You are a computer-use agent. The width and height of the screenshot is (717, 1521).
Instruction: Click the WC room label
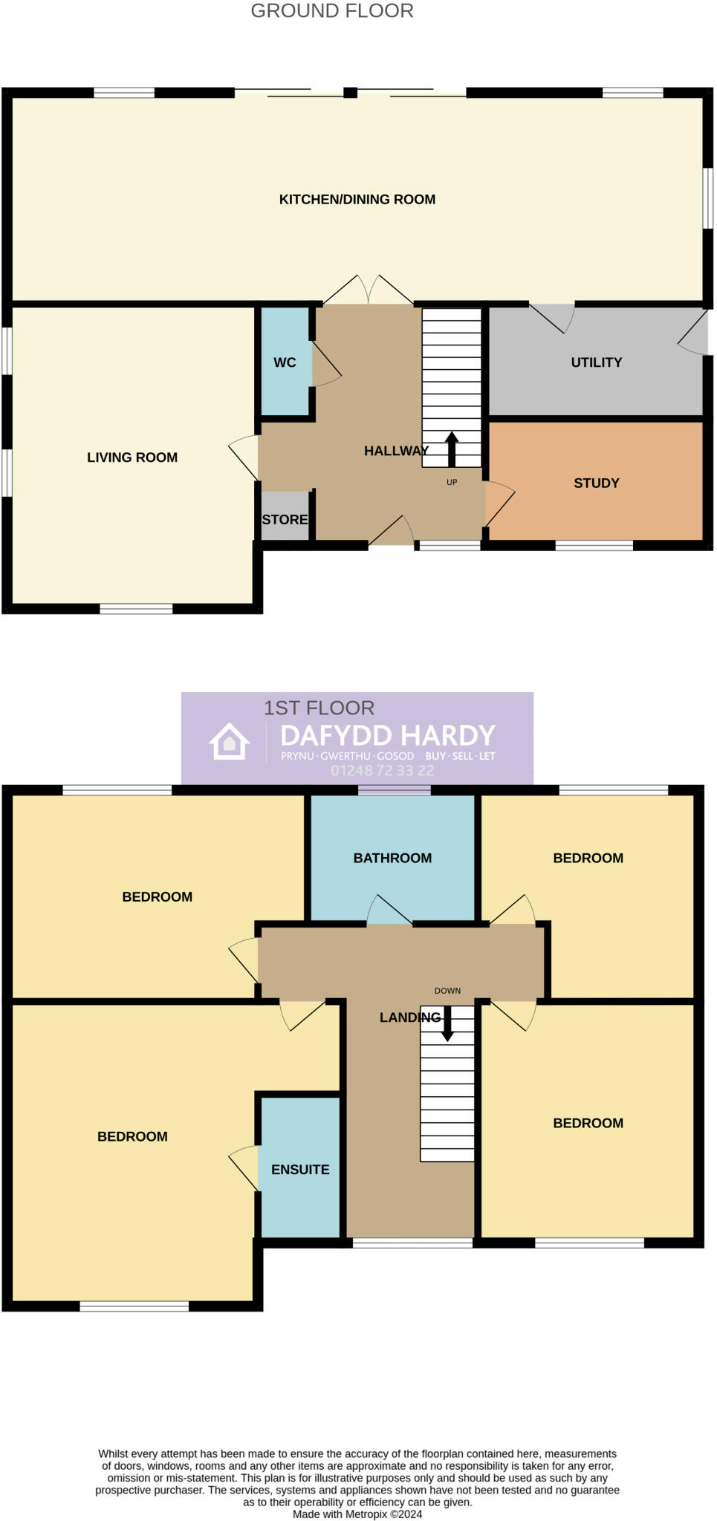click(x=285, y=362)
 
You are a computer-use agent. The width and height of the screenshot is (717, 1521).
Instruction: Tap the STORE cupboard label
click(x=285, y=520)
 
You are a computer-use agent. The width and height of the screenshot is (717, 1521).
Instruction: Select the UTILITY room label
click(x=596, y=362)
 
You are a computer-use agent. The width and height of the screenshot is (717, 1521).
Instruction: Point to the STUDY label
click(x=596, y=483)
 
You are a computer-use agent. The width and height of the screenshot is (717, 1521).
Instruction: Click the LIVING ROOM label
click(x=132, y=457)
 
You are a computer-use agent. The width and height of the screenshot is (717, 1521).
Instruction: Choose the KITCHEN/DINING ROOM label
click(x=357, y=199)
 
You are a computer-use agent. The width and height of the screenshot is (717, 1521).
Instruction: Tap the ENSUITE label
click(x=300, y=1170)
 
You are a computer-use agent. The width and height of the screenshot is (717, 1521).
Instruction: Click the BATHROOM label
click(x=392, y=859)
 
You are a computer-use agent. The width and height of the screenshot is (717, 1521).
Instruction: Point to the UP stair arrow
click(x=452, y=449)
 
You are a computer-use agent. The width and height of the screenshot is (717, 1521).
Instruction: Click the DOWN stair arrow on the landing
click(x=447, y=1025)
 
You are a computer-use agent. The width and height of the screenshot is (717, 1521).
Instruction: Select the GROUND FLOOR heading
click(x=332, y=11)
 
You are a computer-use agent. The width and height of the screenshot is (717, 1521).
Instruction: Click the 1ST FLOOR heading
click(x=319, y=708)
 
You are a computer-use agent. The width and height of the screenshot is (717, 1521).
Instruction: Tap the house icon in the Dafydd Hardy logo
click(x=229, y=741)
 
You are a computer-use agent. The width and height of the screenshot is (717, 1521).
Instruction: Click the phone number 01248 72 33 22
click(x=382, y=771)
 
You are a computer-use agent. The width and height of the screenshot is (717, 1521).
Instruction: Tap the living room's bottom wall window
click(x=136, y=609)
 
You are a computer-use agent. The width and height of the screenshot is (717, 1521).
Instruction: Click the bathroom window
click(x=394, y=790)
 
